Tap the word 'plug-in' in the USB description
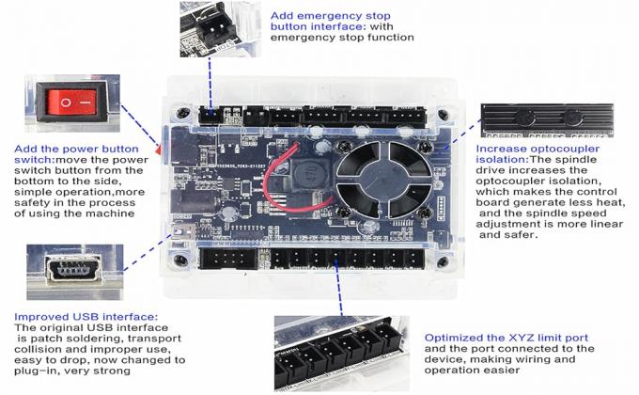pos(36,371)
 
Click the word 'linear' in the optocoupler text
pos(589,223)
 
